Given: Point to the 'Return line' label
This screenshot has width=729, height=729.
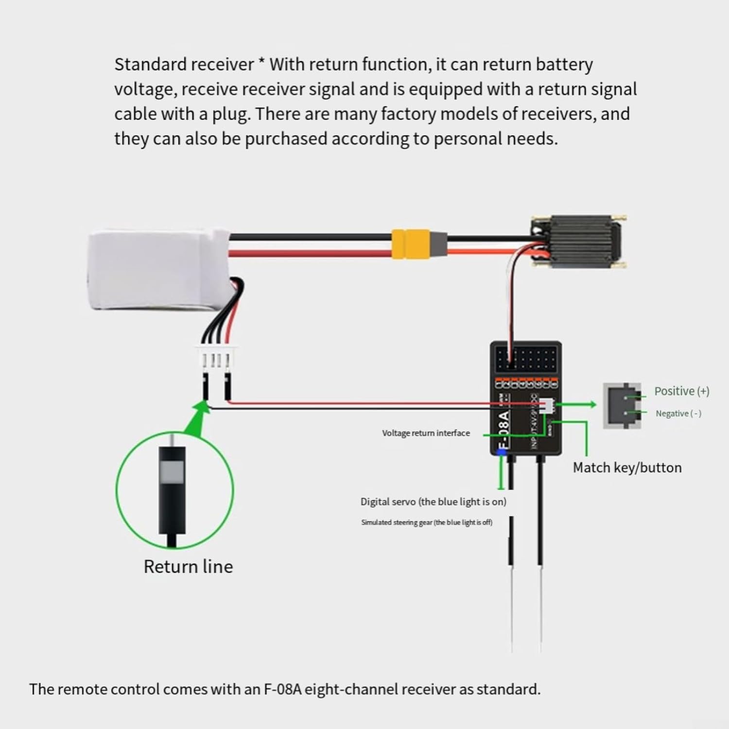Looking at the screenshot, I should click(x=188, y=567).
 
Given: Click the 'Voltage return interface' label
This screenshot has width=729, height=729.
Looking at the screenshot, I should click(x=426, y=433).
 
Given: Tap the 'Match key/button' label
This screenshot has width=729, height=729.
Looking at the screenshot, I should click(x=627, y=468).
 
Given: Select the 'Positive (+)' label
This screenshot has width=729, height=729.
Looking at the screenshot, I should click(x=681, y=391).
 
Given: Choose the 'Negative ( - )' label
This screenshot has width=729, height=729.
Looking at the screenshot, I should click(x=678, y=414).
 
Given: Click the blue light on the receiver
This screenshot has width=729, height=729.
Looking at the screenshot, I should click(x=502, y=452).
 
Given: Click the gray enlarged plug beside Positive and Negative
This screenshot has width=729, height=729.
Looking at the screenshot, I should click(x=622, y=405).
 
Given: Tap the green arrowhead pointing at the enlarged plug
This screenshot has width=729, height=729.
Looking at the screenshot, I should click(x=591, y=404).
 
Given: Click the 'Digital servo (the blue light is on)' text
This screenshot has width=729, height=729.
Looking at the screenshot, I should click(x=433, y=502).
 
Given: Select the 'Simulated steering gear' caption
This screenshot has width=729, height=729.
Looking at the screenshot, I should click(x=426, y=522).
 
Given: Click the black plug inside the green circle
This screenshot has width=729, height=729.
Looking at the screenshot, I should click(x=172, y=491).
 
